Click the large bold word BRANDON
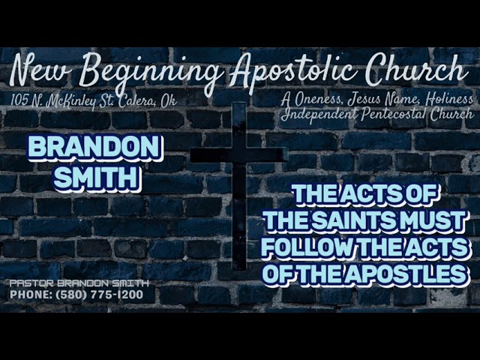pyautogui.click(x=94, y=148)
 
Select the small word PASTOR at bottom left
pyautogui.click(x=29, y=283)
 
